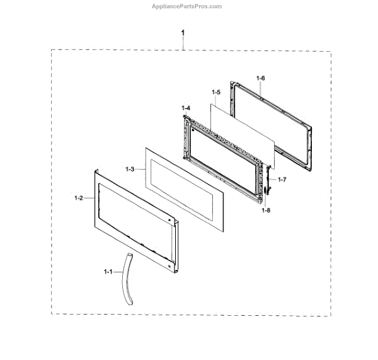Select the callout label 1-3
(x=130, y=169)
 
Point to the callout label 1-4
(x=186, y=109)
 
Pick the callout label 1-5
(x=216, y=92)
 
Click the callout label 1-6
(x=261, y=78)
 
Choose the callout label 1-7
(x=282, y=180)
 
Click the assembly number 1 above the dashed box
(x=183, y=32)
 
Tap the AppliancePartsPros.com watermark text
(x=188, y=6)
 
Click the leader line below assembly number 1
(x=183, y=43)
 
